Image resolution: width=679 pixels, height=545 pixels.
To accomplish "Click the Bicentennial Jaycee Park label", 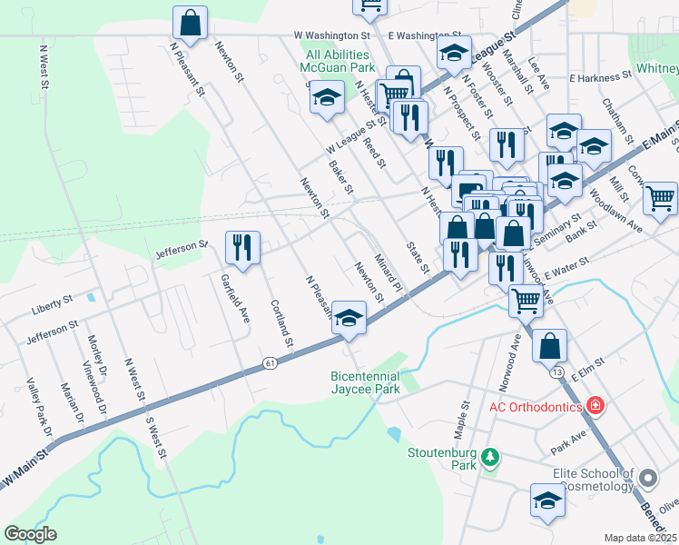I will [377, 382].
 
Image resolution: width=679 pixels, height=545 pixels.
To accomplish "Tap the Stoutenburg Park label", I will [442, 457].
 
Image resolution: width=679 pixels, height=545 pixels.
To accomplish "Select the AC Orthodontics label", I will [536, 406].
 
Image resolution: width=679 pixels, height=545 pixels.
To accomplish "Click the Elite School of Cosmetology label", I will [593, 480].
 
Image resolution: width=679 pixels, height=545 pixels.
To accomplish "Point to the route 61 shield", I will [271, 363].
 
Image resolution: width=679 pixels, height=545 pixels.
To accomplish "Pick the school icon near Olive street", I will [547, 500].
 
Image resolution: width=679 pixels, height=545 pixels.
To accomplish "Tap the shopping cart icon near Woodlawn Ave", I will [660, 196].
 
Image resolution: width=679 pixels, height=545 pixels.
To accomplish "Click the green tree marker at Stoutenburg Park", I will [490, 456].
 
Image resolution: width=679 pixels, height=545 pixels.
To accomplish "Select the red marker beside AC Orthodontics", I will [595, 405].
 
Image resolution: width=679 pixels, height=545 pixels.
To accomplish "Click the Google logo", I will [29, 534].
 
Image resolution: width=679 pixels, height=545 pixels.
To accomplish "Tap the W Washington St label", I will [333, 35].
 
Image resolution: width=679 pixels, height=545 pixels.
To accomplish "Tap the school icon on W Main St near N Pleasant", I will [347, 317].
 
